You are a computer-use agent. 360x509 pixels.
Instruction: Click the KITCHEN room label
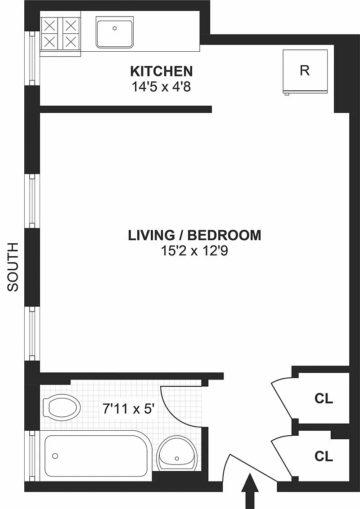click(162, 71)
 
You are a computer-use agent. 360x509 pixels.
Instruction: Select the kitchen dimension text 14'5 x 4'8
click(161, 87)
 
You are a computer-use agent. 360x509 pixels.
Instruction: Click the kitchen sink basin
click(114, 32)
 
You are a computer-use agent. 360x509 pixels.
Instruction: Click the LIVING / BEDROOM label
click(194, 235)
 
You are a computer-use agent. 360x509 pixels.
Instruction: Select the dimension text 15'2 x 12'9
click(194, 250)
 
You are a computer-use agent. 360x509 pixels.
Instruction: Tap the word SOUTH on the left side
click(13, 267)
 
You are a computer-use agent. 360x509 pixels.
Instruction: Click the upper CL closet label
click(324, 398)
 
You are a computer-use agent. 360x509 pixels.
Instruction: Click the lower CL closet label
click(324, 456)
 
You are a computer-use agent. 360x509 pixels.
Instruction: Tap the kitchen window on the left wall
click(32, 58)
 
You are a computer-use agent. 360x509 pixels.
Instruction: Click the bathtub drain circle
click(55, 456)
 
